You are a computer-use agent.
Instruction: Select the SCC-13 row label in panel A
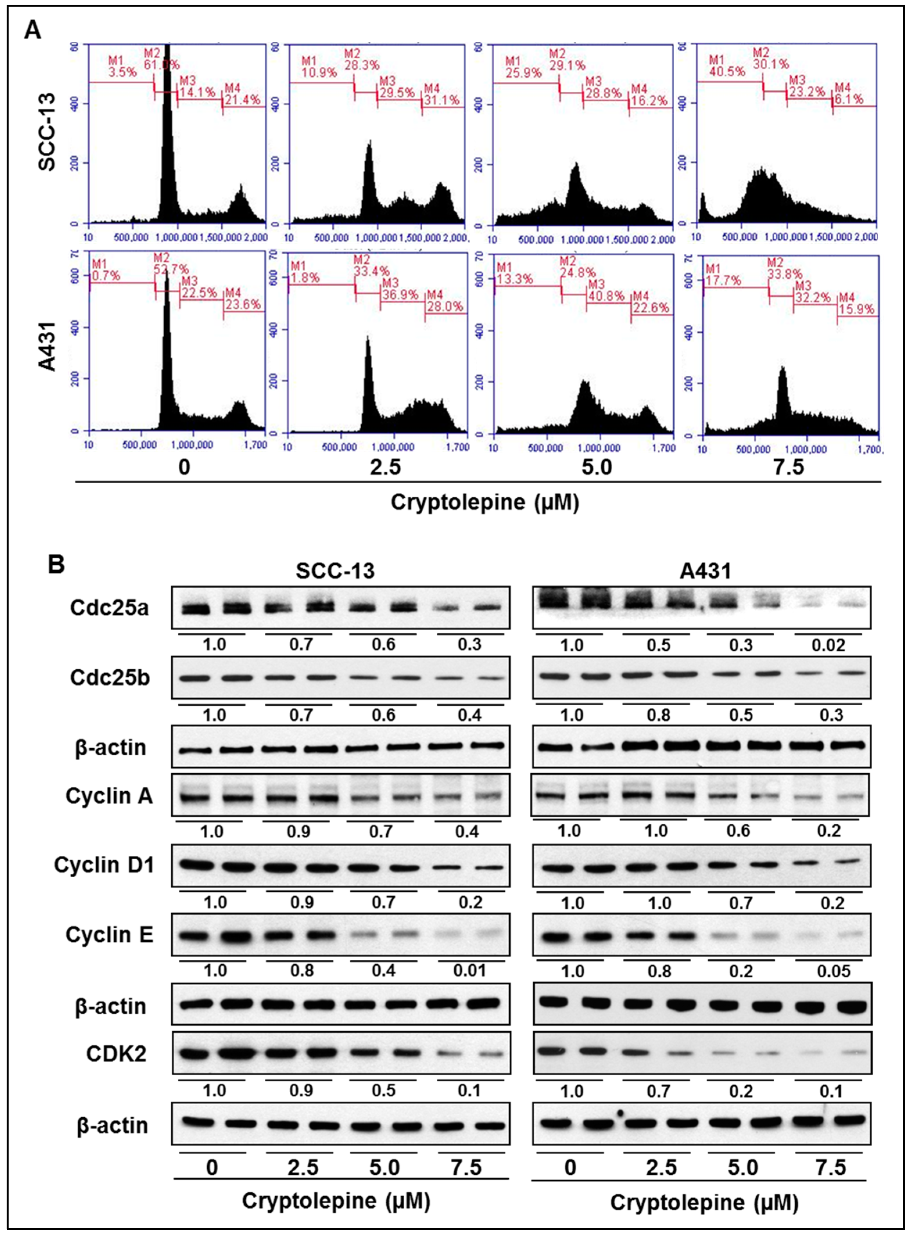48,132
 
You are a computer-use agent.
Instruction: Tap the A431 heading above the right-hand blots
705,571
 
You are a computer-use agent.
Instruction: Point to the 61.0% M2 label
161,65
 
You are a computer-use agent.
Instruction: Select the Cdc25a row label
109,608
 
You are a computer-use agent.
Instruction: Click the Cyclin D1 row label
104,865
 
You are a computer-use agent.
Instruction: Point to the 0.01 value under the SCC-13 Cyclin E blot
469,971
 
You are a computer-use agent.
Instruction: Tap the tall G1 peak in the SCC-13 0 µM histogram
167,133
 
